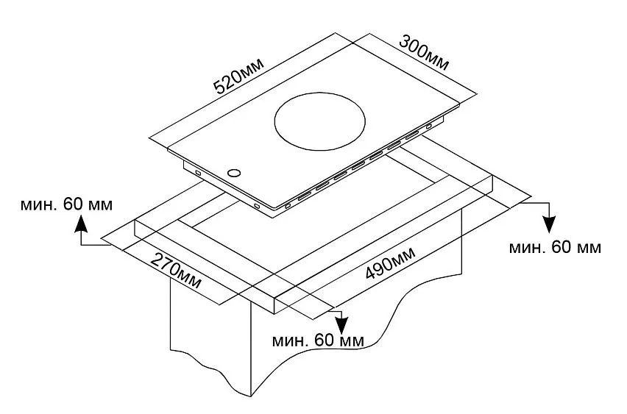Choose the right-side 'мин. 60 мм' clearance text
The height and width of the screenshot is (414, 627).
pos(555,246)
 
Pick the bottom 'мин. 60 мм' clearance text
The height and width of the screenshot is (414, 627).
pos(317,340)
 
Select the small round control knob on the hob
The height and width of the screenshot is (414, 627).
pos(233,174)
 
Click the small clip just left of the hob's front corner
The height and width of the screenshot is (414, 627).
pos(256,205)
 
